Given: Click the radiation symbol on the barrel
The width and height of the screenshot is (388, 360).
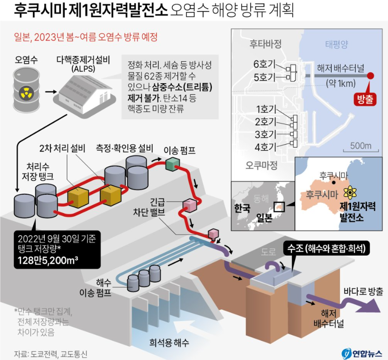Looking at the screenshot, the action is (x=26, y=92).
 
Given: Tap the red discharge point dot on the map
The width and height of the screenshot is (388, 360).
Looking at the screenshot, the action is (x=370, y=76).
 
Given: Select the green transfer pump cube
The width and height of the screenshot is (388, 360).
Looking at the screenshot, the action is (x=172, y=164).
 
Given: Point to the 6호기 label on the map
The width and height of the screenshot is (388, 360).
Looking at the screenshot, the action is (x=264, y=64).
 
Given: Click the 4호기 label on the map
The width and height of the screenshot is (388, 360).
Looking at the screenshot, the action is (x=265, y=147).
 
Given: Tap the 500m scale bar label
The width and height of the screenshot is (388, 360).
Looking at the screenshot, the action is (x=361, y=146).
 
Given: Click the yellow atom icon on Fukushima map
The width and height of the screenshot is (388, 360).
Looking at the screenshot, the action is (x=349, y=193).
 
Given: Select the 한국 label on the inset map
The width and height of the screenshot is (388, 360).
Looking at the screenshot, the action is (x=242, y=208).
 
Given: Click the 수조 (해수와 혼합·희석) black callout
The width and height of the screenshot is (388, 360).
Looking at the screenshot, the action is (x=326, y=248).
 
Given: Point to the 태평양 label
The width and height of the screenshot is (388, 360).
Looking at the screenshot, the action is (x=336, y=44).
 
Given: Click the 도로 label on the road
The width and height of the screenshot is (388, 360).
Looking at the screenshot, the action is (x=268, y=252).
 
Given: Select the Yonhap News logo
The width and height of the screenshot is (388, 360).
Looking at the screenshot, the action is (x=362, y=354).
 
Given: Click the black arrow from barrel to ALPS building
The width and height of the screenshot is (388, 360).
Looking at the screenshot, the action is (x=51, y=92).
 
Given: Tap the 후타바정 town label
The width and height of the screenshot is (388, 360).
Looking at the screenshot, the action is (x=265, y=44).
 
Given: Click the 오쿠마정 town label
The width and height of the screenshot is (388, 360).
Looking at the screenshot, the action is (x=261, y=165).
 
